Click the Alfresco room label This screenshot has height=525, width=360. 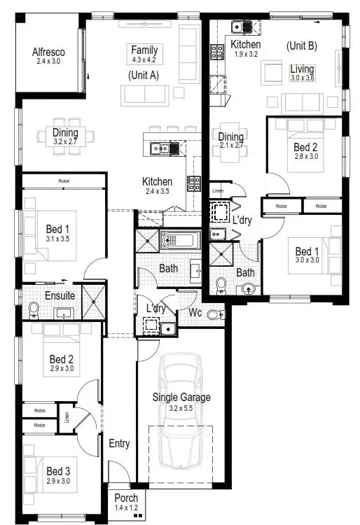pyautogui.click(x=48, y=52)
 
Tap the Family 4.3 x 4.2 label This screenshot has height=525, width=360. pyautogui.click(x=144, y=50)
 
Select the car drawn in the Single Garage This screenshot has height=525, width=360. pyautogui.click(x=181, y=413)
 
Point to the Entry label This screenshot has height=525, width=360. pyautogui.click(x=119, y=443)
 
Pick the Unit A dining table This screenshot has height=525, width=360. pyautogui.click(x=65, y=136)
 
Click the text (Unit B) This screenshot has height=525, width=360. pyautogui.click(x=302, y=45)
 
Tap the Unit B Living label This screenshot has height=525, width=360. pyautogui.click(x=303, y=69)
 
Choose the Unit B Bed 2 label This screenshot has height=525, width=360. pyautogui.click(x=305, y=147)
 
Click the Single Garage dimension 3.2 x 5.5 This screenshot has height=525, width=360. pyautogui.click(x=181, y=407)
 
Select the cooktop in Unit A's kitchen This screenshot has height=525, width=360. pyautogui.click(x=193, y=183)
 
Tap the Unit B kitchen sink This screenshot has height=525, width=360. pyautogui.click(x=243, y=27)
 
